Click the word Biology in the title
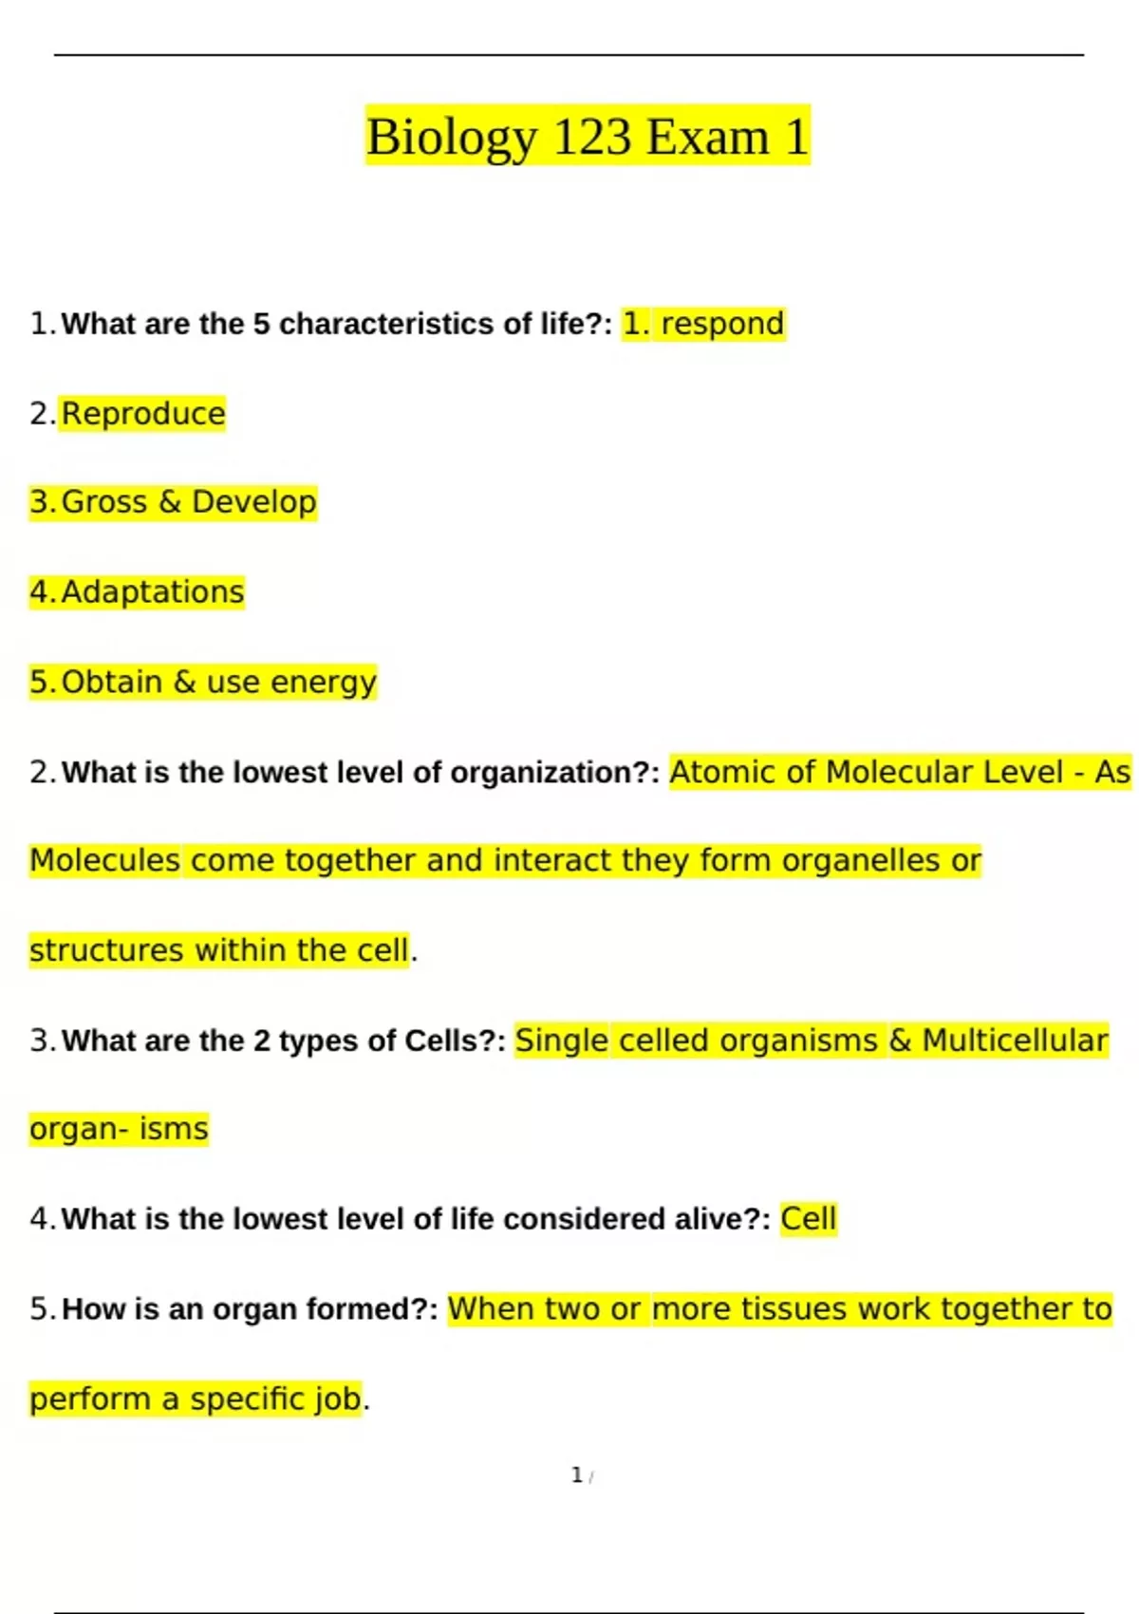coord(451,137)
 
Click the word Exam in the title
coord(707,137)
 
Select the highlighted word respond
coord(722,324)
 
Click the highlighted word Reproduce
coord(143,414)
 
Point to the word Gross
coord(104,501)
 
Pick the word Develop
coord(253,501)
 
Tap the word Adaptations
coord(153,591)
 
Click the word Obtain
coord(112,682)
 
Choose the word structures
coord(106,949)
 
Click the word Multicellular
coord(1015,1041)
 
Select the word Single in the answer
coord(561,1041)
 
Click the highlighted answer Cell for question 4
coord(809,1218)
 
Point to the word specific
coord(249,1398)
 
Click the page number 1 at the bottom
coord(577,1474)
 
